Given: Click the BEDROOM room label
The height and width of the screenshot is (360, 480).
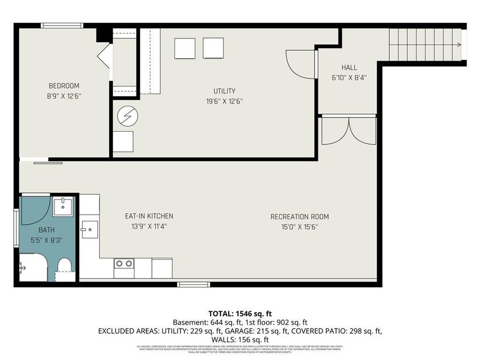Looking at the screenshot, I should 64,86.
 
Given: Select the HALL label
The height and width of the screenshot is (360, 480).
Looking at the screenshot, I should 349,68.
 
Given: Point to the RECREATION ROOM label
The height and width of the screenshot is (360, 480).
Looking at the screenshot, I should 299,217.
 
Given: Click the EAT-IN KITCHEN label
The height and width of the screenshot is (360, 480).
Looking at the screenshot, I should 149,216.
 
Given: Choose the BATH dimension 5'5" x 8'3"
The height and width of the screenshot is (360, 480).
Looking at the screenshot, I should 46,240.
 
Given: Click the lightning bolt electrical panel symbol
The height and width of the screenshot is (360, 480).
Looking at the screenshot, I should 127,116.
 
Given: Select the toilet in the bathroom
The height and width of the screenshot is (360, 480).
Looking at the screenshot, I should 65,267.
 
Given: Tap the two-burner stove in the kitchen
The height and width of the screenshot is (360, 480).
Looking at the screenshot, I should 124,263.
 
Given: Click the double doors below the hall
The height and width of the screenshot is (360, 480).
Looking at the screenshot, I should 349,131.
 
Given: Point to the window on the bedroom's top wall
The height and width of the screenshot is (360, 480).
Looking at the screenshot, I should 62,25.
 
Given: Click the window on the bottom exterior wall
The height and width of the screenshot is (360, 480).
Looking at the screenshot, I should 193,284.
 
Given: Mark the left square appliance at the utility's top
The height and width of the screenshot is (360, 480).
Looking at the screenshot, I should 185,49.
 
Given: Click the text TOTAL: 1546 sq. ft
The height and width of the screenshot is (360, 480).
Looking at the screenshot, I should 239,314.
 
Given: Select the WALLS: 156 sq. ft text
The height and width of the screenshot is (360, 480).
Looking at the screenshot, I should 239,340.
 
